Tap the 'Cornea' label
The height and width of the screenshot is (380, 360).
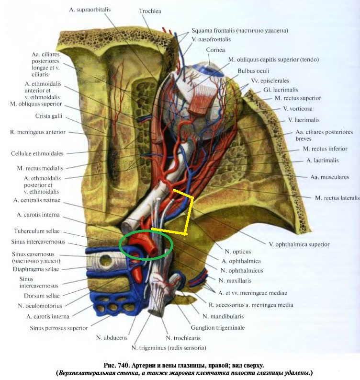215,50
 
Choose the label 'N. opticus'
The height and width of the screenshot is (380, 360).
238,251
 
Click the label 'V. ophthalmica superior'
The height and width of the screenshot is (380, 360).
299,244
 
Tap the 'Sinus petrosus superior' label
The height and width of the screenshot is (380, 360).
58,328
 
